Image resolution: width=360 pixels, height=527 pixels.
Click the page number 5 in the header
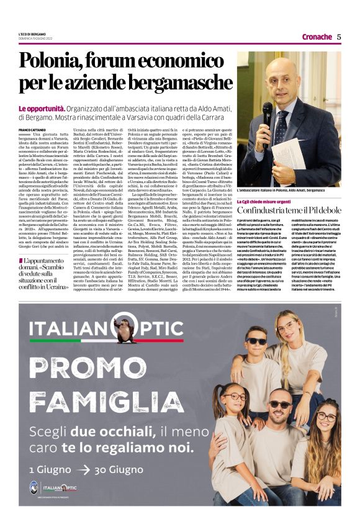click(x=339, y=37)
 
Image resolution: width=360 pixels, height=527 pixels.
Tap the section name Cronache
click(x=317, y=37)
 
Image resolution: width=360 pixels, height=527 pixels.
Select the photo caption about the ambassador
click(x=288, y=191)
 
